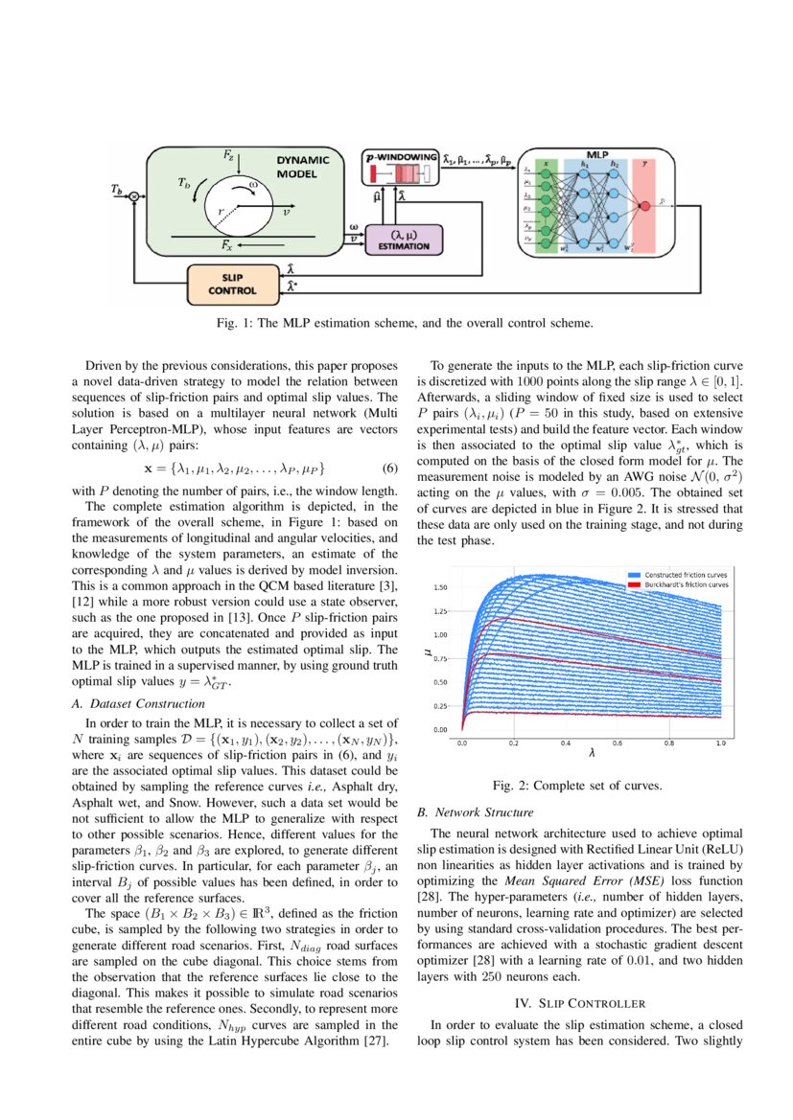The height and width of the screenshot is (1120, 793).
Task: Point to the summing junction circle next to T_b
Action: point(134,196)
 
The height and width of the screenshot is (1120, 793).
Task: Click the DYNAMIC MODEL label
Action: point(303,168)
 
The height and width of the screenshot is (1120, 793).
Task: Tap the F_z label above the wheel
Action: point(228,153)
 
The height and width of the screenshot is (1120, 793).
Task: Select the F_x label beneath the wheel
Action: point(226,246)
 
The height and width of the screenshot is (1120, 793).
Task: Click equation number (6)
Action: point(389,469)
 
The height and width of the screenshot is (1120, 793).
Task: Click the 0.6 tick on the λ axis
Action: point(616,743)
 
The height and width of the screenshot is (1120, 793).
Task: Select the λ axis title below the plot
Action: point(592,754)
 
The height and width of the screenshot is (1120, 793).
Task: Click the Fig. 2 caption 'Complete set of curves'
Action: point(576,786)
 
